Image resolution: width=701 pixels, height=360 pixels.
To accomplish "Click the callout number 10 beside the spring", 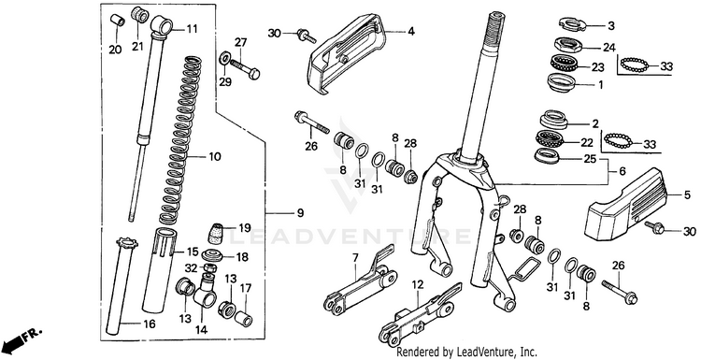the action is click(215, 157).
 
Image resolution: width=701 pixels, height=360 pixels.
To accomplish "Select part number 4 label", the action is click(411, 32).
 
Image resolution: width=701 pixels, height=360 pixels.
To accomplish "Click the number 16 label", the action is click(150, 324).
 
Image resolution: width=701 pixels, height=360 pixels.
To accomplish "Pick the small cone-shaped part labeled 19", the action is click(217, 233).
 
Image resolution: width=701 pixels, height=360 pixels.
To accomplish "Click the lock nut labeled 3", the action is click(572, 23).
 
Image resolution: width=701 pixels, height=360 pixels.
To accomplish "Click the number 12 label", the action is click(417, 283).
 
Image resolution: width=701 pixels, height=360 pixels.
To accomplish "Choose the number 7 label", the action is click(355, 257).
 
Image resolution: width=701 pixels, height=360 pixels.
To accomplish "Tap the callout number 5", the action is click(687, 195).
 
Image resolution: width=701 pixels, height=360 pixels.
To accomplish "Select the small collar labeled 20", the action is click(117, 21).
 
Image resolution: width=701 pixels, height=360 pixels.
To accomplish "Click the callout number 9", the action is click(300, 213).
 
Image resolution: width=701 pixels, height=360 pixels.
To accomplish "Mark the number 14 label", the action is click(201, 330).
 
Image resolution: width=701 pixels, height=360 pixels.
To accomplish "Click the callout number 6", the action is click(622, 171).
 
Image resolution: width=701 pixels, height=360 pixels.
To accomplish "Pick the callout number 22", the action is click(587, 143).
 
